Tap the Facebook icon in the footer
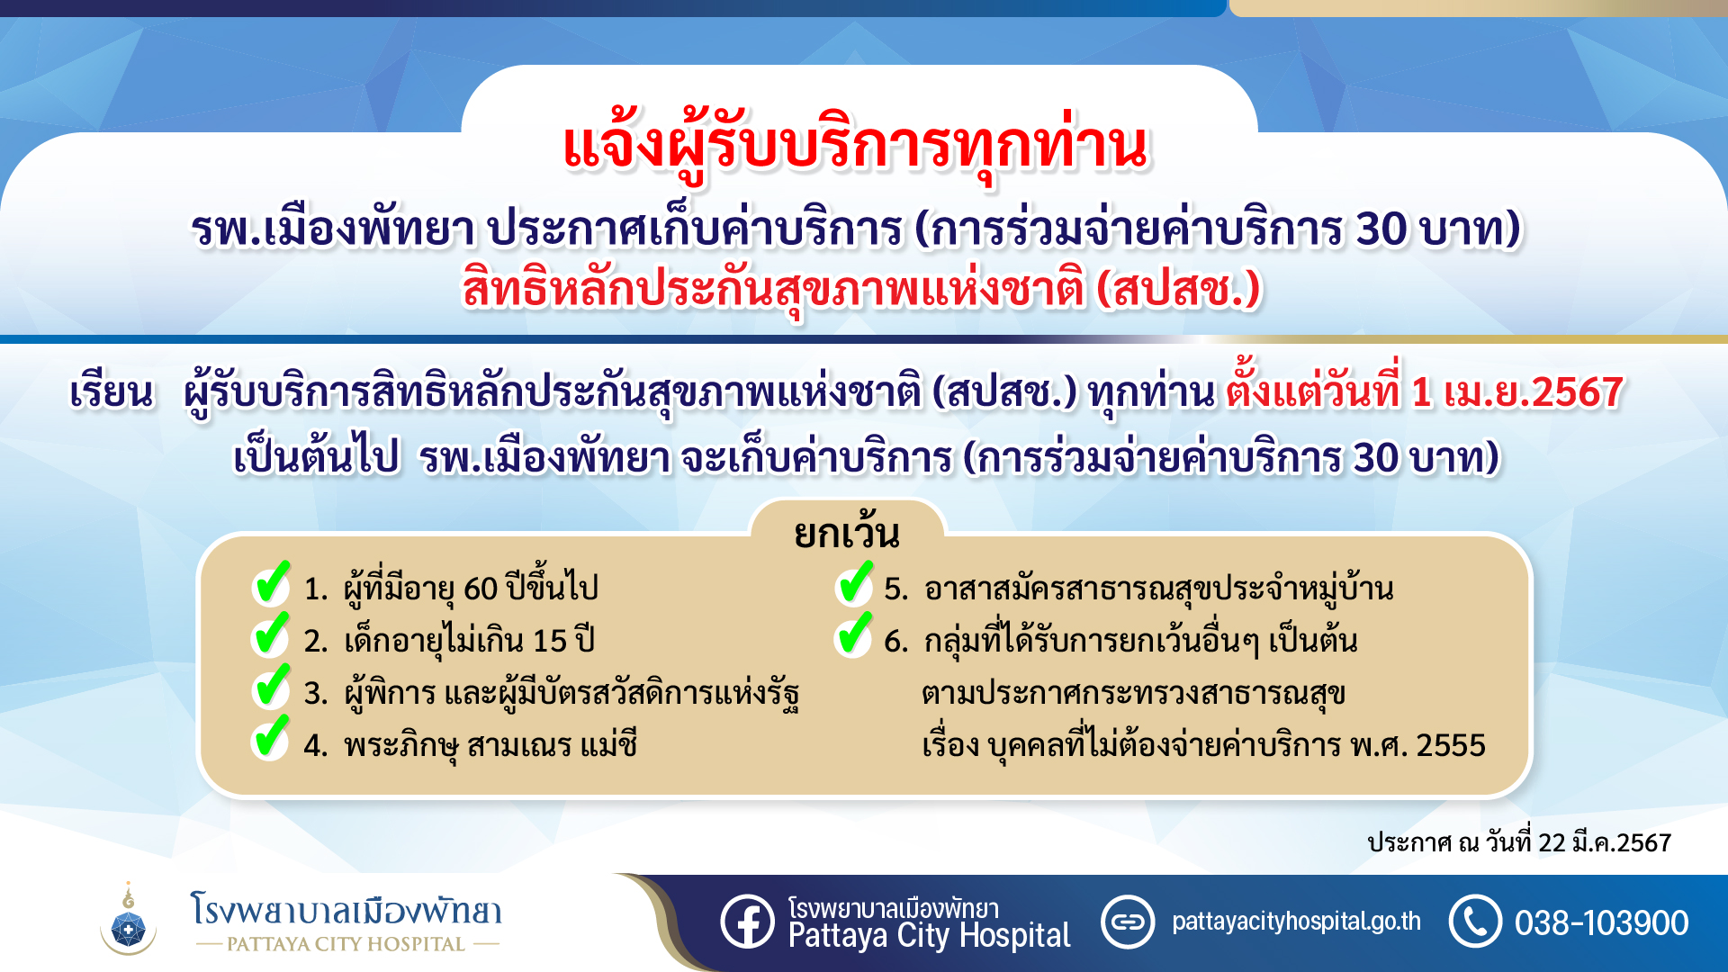747,921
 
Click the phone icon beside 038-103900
1475,921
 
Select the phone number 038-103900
1601,923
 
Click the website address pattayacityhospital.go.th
1296,922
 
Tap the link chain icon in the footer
1128,922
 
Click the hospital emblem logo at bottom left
129,919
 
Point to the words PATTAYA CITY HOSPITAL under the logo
346,944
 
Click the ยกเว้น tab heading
846,534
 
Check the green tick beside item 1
271,584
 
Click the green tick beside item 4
271,739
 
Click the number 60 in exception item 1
481,589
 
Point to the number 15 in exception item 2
549,641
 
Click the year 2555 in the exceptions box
1451,745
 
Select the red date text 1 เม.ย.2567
1517,392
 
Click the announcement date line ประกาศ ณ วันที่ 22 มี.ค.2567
1519,842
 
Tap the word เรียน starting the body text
112,393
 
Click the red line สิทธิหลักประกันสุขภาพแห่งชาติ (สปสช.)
861,290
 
